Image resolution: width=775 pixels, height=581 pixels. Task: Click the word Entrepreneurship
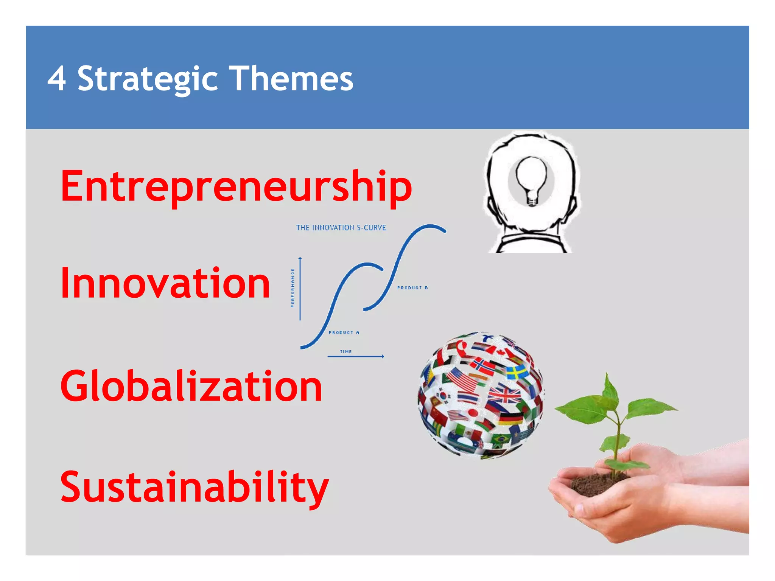pyautogui.click(x=236, y=186)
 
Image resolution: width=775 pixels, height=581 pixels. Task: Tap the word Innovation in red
pyautogui.click(x=165, y=283)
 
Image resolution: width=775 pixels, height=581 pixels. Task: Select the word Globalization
pyautogui.click(x=191, y=386)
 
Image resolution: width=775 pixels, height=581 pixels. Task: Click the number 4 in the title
pyautogui.click(x=57, y=79)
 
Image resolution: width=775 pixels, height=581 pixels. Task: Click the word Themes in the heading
pyautogui.click(x=293, y=79)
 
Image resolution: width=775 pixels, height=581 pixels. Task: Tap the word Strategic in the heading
pyautogui.click(x=148, y=79)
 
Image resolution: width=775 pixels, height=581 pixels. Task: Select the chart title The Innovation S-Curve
pyautogui.click(x=341, y=228)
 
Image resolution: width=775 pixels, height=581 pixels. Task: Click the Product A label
pyautogui.click(x=344, y=332)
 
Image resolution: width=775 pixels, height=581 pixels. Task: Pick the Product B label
pyautogui.click(x=412, y=288)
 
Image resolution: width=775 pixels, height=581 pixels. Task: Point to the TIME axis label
pyautogui.click(x=345, y=352)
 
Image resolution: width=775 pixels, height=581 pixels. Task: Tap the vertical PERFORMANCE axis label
pyautogui.click(x=293, y=288)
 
